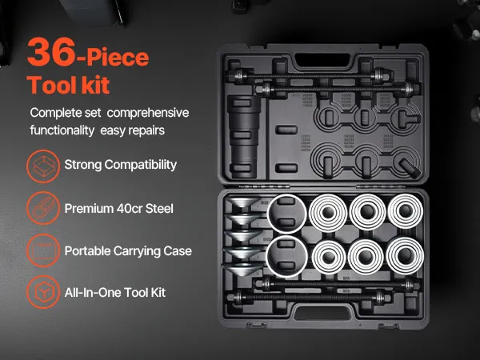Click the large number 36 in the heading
(51, 52)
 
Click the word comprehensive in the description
(148, 113)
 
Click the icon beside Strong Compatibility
(43, 166)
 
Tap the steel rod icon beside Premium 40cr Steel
(43, 208)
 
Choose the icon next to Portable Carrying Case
(43, 250)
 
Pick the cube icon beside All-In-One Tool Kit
(43, 292)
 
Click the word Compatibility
(141, 165)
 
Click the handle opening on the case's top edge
(322, 60)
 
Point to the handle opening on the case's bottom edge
(322, 313)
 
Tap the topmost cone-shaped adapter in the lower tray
(243, 202)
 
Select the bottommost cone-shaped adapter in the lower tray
(242, 269)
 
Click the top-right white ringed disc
(406, 211)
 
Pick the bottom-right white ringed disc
(405, 256)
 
